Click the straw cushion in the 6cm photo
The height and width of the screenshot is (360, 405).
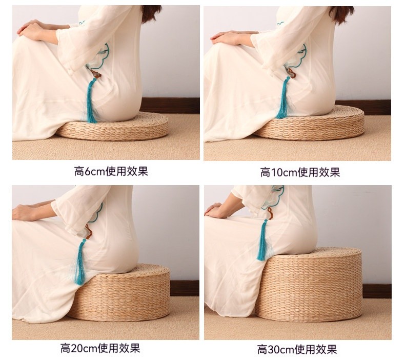[x=116, y=129]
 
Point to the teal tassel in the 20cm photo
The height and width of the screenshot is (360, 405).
[x=80, y=263]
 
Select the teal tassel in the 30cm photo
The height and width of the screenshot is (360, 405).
[x=262, y=241]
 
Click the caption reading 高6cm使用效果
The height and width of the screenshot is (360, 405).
[x=111, y=171]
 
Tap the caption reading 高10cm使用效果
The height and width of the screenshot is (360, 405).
[x=300, y=172]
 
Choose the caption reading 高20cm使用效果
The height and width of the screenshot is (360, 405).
[x=100, y=348]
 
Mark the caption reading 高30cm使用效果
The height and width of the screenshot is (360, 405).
[x=297, y=349]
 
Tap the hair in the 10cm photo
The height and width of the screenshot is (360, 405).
[x=341, y=14]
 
